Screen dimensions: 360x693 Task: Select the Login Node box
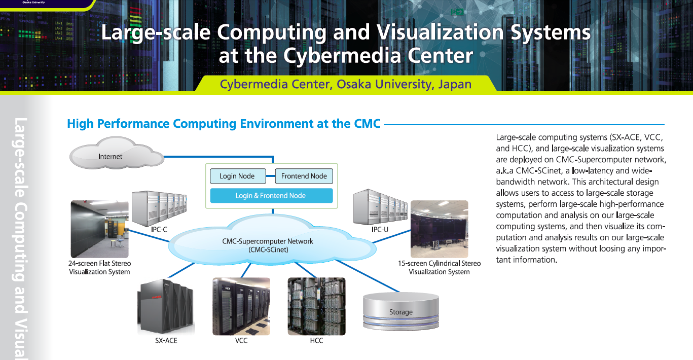[237, 176]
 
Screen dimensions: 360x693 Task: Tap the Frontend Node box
[304, 176]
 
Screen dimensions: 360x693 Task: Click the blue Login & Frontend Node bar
[271, 196]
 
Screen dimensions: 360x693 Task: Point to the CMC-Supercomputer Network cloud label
[268, 245]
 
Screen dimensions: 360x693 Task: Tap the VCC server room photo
[241, 306]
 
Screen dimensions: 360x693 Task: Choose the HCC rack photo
[316, 306]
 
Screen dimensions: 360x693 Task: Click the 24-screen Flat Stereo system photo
[99, 229]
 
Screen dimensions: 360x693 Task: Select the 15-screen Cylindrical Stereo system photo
[439, 229]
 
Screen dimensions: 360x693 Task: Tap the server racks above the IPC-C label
[158, 208]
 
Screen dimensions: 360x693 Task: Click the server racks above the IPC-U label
[380, 207]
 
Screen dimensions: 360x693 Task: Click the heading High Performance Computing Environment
[224, 124]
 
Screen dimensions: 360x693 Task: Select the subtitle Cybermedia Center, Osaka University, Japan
[346, 84]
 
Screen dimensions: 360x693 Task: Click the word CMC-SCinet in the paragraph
[538, 171]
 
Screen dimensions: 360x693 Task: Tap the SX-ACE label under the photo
[166, 341]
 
